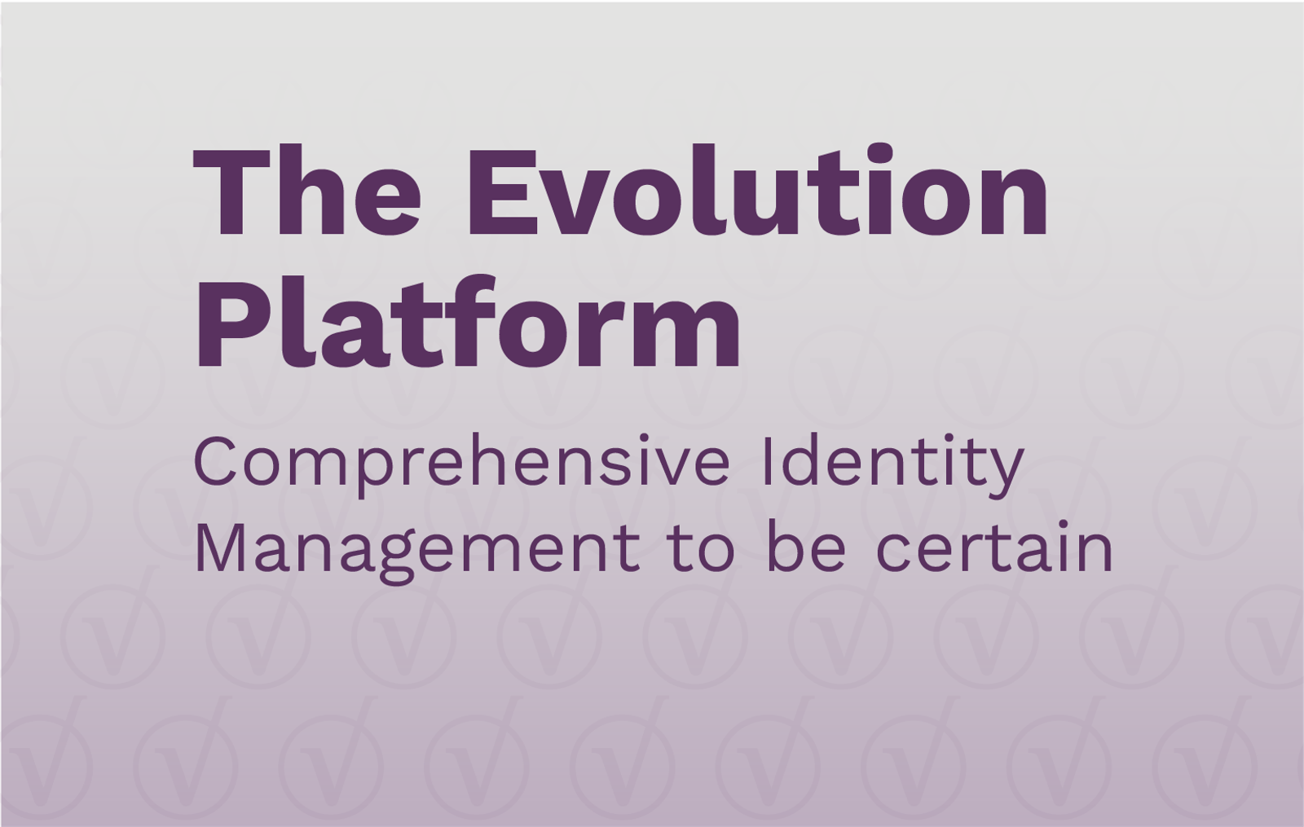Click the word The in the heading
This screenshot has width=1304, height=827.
(306, 191)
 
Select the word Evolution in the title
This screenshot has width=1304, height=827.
(762, 191)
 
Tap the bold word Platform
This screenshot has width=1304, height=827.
(469, 323)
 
